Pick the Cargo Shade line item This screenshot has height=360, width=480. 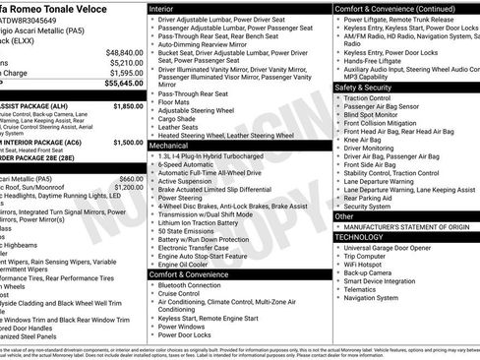(x=184, y=118)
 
